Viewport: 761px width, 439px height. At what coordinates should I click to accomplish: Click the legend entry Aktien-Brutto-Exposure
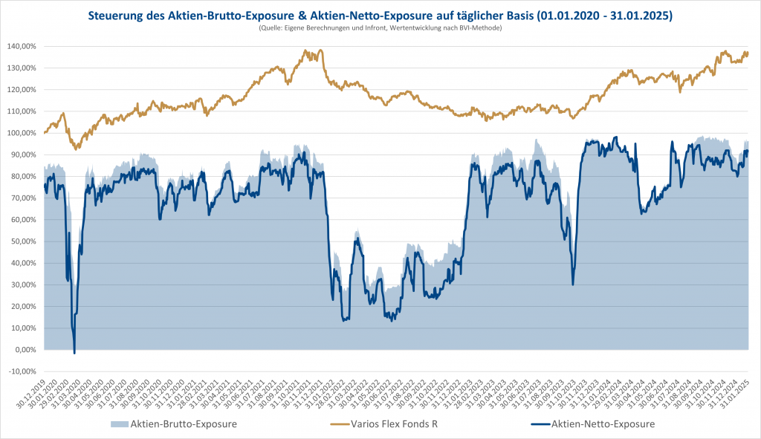click(x=184, y=424)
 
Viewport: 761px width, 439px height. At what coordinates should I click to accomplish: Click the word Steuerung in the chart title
click(x=120, y=15)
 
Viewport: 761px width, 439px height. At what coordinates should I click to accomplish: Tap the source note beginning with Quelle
click(x=380, y=27)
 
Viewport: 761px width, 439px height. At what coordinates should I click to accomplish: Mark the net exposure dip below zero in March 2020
click(x=74, y=353)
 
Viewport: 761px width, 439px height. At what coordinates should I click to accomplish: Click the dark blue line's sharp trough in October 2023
click(x=572, y=284)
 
